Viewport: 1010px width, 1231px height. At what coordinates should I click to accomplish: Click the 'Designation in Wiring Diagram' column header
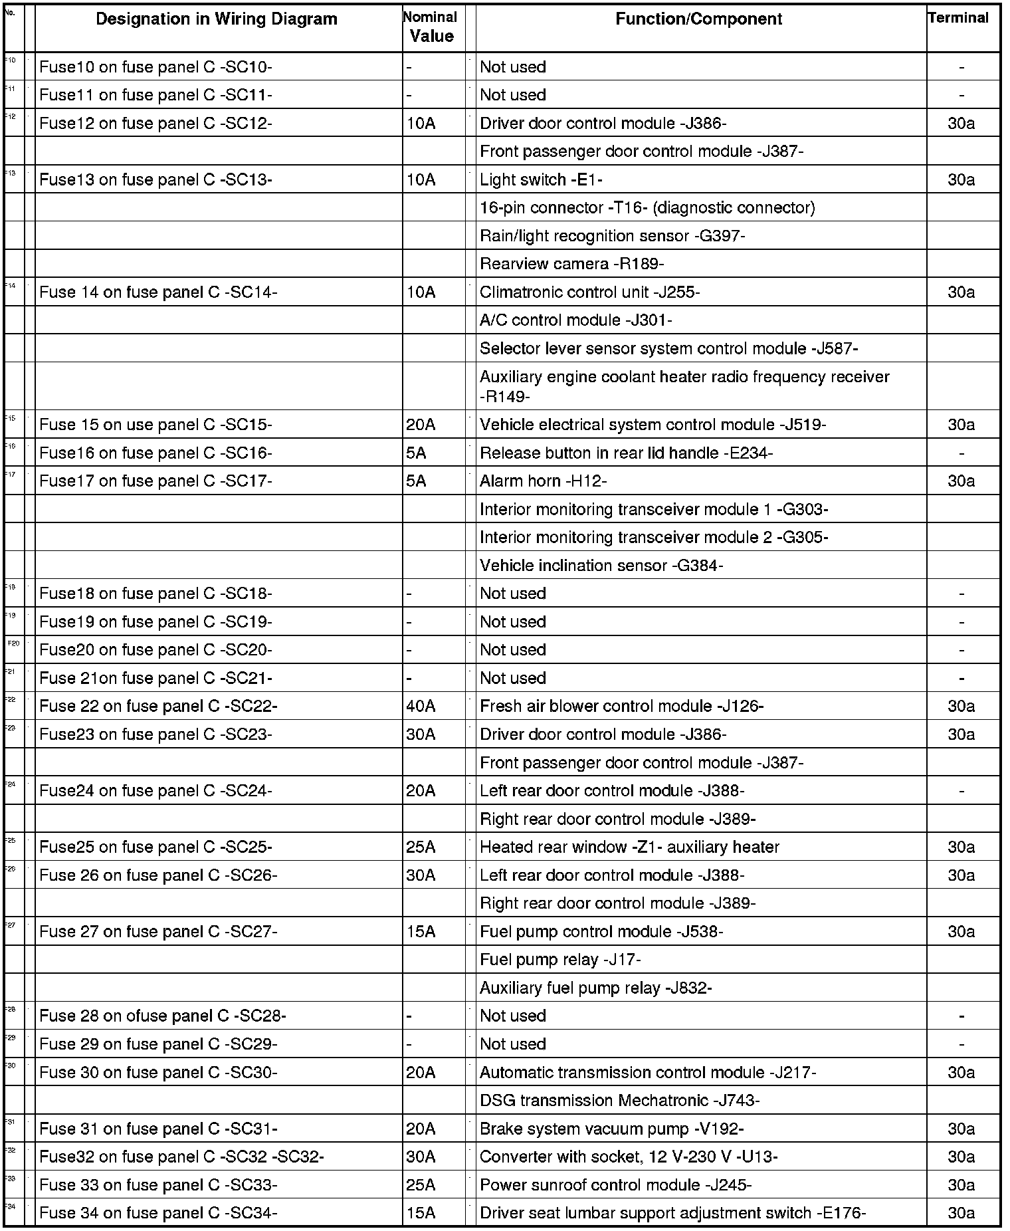[x=217, y=19]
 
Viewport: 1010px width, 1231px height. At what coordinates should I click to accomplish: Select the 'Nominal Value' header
[x=431, y=27]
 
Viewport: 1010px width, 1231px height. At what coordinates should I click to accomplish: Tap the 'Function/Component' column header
[x=698, y=19]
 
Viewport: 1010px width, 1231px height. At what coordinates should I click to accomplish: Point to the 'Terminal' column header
[x=958, y=18]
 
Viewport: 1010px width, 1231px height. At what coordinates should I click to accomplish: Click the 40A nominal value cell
[x=421, y=706]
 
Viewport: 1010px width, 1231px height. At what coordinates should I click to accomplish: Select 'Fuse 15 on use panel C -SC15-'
[x=155, y=425]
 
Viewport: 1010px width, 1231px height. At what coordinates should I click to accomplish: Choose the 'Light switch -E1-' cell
[x=541, y=179]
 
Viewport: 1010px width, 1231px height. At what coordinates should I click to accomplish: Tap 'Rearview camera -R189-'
[x=571, y=264]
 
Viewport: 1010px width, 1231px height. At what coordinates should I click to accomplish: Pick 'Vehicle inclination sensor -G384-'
[x=601, y=566]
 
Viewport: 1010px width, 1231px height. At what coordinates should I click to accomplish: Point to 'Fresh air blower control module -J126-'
[x=621, y=706]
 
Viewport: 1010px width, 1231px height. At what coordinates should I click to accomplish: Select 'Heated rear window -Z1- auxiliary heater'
[x=629, y=847]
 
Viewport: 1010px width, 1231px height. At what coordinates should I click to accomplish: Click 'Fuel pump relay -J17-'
[x=560, y=959]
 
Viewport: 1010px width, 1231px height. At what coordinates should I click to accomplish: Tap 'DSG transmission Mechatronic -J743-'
[x=619, y=1100]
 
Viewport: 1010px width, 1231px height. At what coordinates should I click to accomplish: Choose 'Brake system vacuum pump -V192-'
[x=611, y=1129]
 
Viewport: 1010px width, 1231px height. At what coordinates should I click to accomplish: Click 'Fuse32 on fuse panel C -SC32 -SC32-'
[x=181, y=1157]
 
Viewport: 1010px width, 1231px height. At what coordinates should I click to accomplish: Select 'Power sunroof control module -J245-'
[x=615, y=1185]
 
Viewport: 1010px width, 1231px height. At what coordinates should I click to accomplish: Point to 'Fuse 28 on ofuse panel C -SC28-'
[x=163, y=1016]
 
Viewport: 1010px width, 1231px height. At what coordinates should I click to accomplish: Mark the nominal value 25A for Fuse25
[x=421, y=847]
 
